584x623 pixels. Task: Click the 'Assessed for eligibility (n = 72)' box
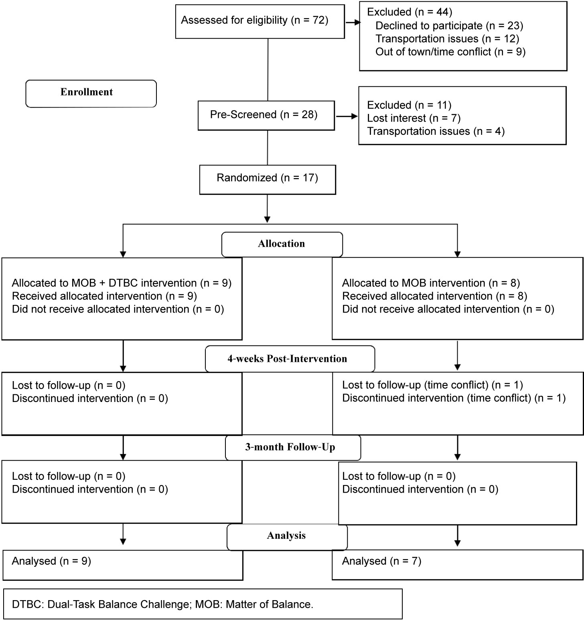tap(260, 21)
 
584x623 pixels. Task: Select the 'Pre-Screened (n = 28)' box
tap(266, 115)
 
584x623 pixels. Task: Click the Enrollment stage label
tap(91, 93)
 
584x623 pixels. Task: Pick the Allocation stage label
tap(282, 244)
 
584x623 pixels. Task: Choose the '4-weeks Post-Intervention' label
tap(290, 359)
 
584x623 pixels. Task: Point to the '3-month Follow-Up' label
tap(293, 448)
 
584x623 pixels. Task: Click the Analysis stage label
tap(287, 536)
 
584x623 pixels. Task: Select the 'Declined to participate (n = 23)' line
tap(449, 26)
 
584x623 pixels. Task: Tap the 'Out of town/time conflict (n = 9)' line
tap(450, 52)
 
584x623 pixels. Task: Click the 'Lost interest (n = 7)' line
tap(414, 118)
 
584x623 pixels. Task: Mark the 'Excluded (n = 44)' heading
tap(410, 12)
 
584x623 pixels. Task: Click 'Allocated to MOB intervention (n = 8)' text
tap(431, 283)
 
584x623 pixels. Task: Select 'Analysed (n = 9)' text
tap(51, 561)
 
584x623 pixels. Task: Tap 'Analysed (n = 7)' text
tap(381, 561)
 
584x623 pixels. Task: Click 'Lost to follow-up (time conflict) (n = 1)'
tap(432, 385)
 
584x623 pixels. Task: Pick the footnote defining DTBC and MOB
tap(162, 605)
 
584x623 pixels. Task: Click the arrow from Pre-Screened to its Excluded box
tap(347, 116)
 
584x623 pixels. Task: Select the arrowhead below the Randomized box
tap(267, 219)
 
